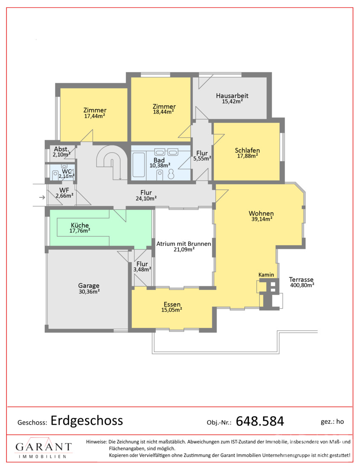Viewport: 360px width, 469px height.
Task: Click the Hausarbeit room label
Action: [x=232, y=96]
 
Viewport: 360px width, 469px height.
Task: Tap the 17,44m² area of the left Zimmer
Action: [x=95, y=116]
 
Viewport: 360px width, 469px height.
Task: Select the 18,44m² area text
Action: [x=163, y=112]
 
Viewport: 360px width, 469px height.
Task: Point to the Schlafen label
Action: [x=247, y=151]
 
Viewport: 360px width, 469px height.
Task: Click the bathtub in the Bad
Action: [x=139, y=165]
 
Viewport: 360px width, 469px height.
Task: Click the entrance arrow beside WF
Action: [x=42, y=197]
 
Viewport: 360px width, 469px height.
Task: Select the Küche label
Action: [x=80, y=225]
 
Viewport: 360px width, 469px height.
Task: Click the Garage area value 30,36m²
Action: [x=89, y=292]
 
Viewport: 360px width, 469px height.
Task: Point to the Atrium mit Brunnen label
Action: [x=184, y=244]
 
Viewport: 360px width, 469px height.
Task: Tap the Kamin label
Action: [x=266, y=275]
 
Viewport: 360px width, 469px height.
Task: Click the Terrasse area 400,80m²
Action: [x=302, y=285]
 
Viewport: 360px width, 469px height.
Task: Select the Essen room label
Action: [x=172, y=304]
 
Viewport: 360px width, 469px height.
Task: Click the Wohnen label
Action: [x=261, y=213]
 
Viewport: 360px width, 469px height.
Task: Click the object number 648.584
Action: [x=260, y=421]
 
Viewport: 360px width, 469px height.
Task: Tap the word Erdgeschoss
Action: [x=87, y=420]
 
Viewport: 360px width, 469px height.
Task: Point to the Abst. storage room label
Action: [x=61, y=149]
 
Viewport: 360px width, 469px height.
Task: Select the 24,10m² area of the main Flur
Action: [x=146, y=198]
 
